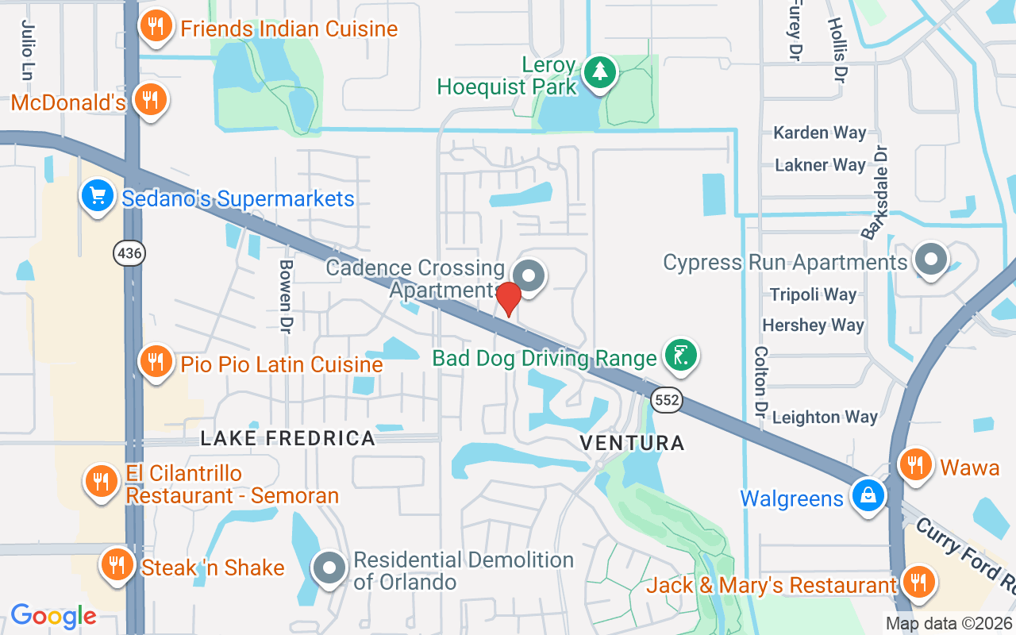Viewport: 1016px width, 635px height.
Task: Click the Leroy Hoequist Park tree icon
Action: pyautogui.click(x=600, y=72)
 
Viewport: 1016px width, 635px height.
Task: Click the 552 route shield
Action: pyautogui.click(x=666, y=400)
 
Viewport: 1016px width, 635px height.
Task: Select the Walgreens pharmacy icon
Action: pyautogui.click(x=868, y=495)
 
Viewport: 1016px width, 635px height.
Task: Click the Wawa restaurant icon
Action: pyautogui.click(x=916, y=464)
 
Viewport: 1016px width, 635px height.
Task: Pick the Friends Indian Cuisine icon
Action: pyautogui.click(x=156, y=26)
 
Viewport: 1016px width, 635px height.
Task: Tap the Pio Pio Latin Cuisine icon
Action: pyautogui.click(x=156, y=362)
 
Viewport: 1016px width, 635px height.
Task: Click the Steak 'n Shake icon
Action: pyautogui.click(x=118, y=564)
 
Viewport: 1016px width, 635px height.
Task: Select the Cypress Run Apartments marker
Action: pyautogui.click(x=929, y=260)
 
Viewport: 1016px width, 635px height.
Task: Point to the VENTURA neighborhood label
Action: pyautogui.click(x=632, y=443)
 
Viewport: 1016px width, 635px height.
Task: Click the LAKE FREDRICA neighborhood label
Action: pyautogui.click(x=287, y=438)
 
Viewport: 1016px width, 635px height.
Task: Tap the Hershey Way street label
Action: pyautogui.click(x=813, y=325)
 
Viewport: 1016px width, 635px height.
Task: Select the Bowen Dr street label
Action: pyautogui.click(x=286, y=296)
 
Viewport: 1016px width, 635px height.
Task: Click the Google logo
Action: pyautogui.click(x=53, y=616)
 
